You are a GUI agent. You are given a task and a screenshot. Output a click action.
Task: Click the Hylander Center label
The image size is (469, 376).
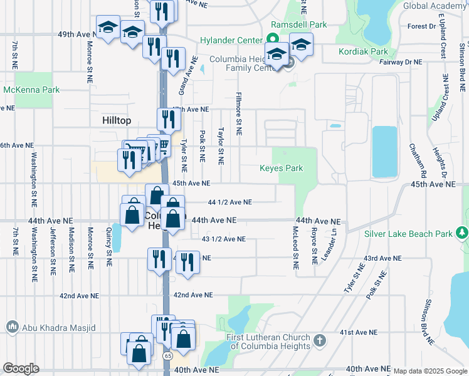(231, 40)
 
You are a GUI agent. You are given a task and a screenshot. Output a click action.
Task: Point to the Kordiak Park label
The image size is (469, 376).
(362, 52)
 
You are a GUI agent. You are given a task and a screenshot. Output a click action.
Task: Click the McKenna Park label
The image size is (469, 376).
(31, 90)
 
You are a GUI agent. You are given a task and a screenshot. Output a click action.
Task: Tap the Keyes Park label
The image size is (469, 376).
(282, 168)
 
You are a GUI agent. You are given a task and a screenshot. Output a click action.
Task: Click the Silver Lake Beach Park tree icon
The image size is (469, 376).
(463, 234)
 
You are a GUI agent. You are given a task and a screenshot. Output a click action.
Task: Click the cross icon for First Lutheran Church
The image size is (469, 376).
(320, 341)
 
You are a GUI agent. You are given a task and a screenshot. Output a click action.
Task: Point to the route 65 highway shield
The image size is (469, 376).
(168, 355)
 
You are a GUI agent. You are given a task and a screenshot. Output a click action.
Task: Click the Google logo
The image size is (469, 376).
(21, 368)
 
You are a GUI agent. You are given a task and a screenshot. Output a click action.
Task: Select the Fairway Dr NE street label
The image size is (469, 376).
(401, 62)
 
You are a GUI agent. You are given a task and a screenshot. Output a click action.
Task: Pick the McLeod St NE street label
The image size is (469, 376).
(295, 248)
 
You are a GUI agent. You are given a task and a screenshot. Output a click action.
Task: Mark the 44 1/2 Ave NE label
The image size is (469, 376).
(229, 202)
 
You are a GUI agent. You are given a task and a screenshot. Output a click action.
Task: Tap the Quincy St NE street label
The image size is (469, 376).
(110, 248)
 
